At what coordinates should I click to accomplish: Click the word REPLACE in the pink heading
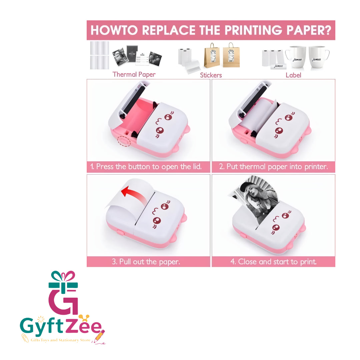[x=169, y=30]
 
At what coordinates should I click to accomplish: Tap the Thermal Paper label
[x=134, y=74]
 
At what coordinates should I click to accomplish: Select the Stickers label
[x=211, y=75]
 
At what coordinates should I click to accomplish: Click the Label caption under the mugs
[x=293, y=75]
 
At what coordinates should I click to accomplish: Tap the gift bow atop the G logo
[x=63, y=276]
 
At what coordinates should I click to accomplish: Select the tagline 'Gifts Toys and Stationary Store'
[x=61, y=340]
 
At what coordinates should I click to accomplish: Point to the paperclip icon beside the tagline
[x=25, y=338]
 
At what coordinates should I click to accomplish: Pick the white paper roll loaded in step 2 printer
[x=255, y=115]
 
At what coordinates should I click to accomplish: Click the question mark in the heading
[x=328, y=30]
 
